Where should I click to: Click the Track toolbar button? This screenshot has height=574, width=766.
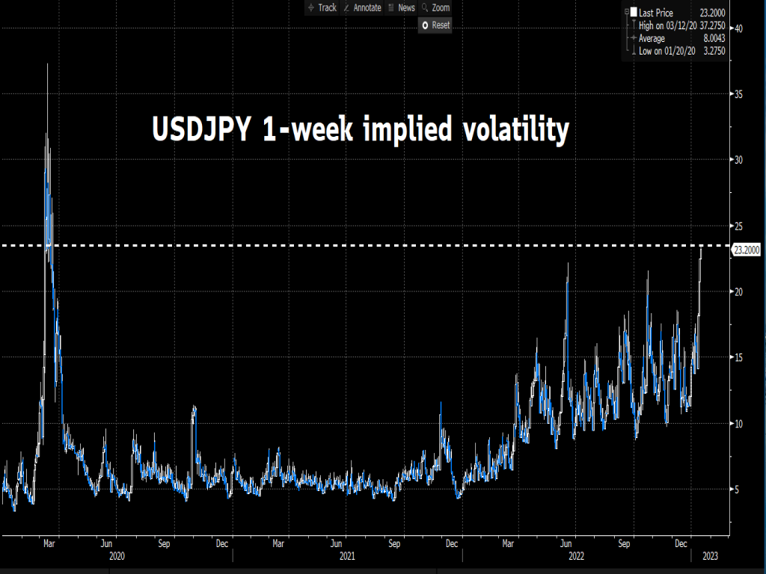(322, 7)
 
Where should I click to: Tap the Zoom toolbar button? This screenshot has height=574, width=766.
(436, 7)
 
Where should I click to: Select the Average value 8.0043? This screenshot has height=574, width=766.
(711, 38)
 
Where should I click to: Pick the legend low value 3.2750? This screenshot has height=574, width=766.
(711, 52)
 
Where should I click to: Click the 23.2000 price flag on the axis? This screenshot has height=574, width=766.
(747, 251)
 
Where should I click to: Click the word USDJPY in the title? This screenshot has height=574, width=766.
(201, 130)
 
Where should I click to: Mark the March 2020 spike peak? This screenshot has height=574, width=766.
(47, 65)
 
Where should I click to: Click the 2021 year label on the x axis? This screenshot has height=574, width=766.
(346, 555)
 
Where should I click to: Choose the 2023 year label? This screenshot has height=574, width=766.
(710, 555)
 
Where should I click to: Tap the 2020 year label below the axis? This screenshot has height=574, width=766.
(117, 555)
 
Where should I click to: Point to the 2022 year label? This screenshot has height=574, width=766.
(576, 555)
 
